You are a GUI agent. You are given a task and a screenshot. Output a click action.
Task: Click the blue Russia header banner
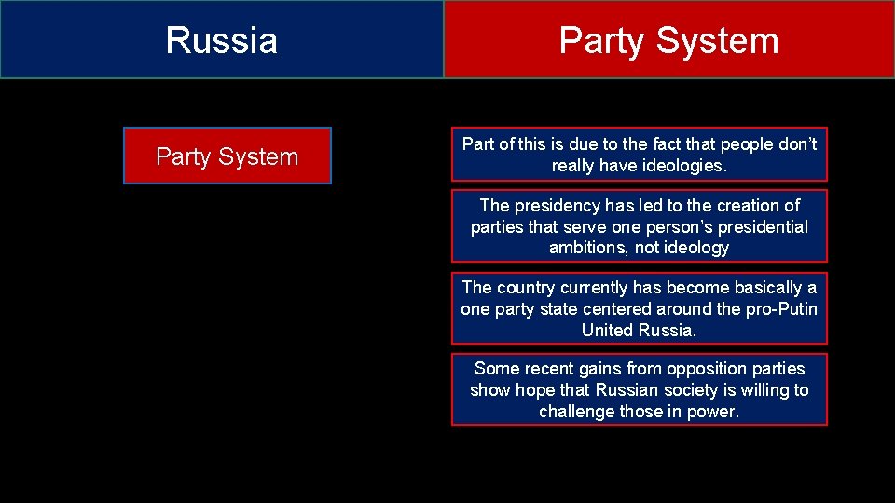[x=222, y=40]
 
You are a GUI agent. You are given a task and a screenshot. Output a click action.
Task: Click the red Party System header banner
[x=668, y=40]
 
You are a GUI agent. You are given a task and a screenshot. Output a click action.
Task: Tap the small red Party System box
[x=227, y=156]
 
